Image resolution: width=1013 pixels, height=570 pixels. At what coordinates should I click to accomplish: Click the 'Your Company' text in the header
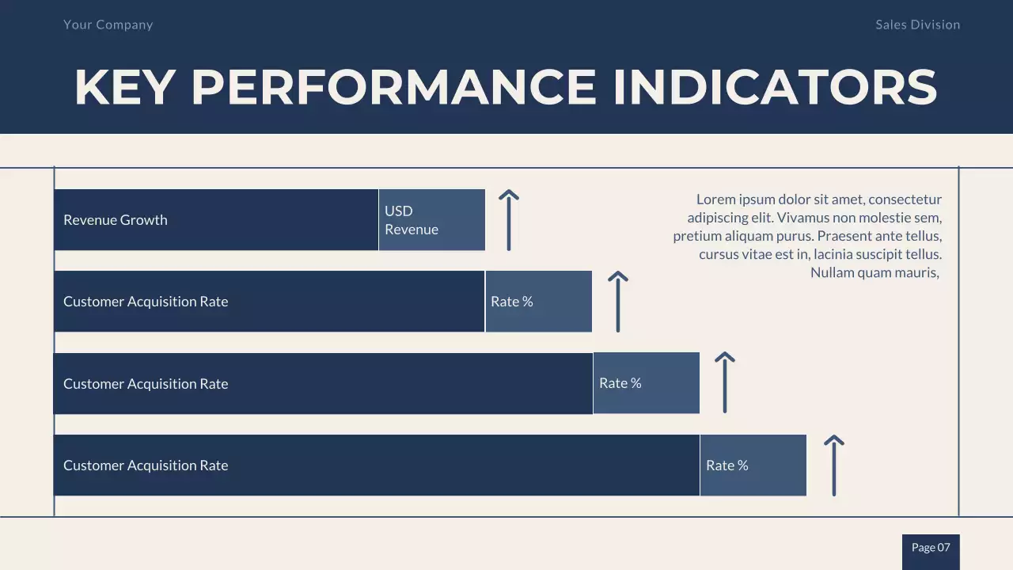(108, 25)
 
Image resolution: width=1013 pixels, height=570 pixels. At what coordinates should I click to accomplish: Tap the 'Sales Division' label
(917, 25)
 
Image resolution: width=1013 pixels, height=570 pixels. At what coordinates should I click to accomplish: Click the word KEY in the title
(123, 87)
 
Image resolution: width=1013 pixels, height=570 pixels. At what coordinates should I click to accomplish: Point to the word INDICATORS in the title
(775, 87)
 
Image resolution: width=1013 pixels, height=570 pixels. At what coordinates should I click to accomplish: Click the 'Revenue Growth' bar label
(116, 220)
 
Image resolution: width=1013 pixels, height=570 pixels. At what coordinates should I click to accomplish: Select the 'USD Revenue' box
(431, 220)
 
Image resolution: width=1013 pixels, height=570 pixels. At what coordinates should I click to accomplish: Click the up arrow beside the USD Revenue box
(509, 220)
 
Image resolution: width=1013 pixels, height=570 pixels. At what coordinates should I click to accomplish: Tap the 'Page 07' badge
(931, 548)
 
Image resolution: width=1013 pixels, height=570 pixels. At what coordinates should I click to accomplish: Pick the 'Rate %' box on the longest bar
(753, 465)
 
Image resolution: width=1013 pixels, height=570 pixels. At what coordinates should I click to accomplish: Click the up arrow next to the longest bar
(834, 465)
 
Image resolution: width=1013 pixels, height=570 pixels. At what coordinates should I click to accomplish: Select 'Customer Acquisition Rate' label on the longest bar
(146, 465)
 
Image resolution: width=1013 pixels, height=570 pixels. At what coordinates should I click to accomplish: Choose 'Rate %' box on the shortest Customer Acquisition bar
(538, 302)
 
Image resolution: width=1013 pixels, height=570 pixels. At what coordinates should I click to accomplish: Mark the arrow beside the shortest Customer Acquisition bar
(618, 302)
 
